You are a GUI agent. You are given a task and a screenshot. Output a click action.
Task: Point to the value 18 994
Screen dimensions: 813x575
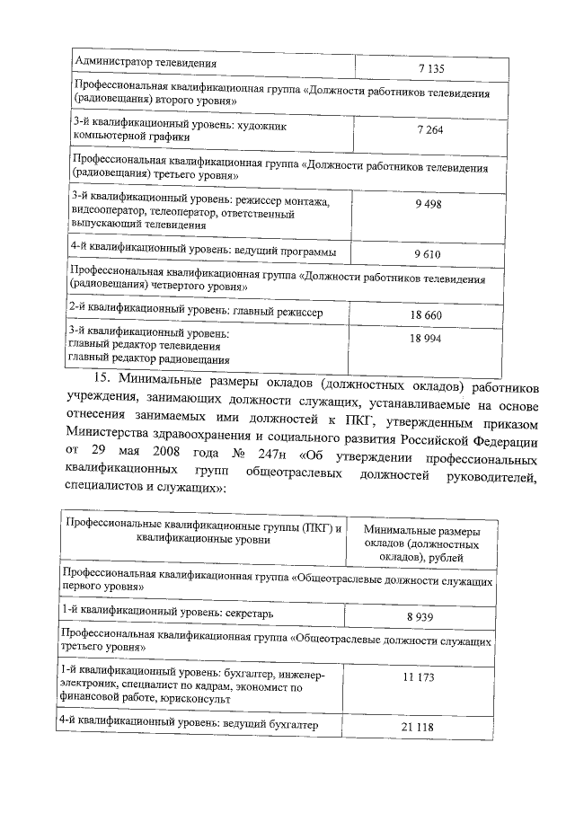[426, 338]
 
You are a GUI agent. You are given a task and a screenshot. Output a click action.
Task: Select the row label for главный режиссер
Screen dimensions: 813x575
[196, 311]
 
